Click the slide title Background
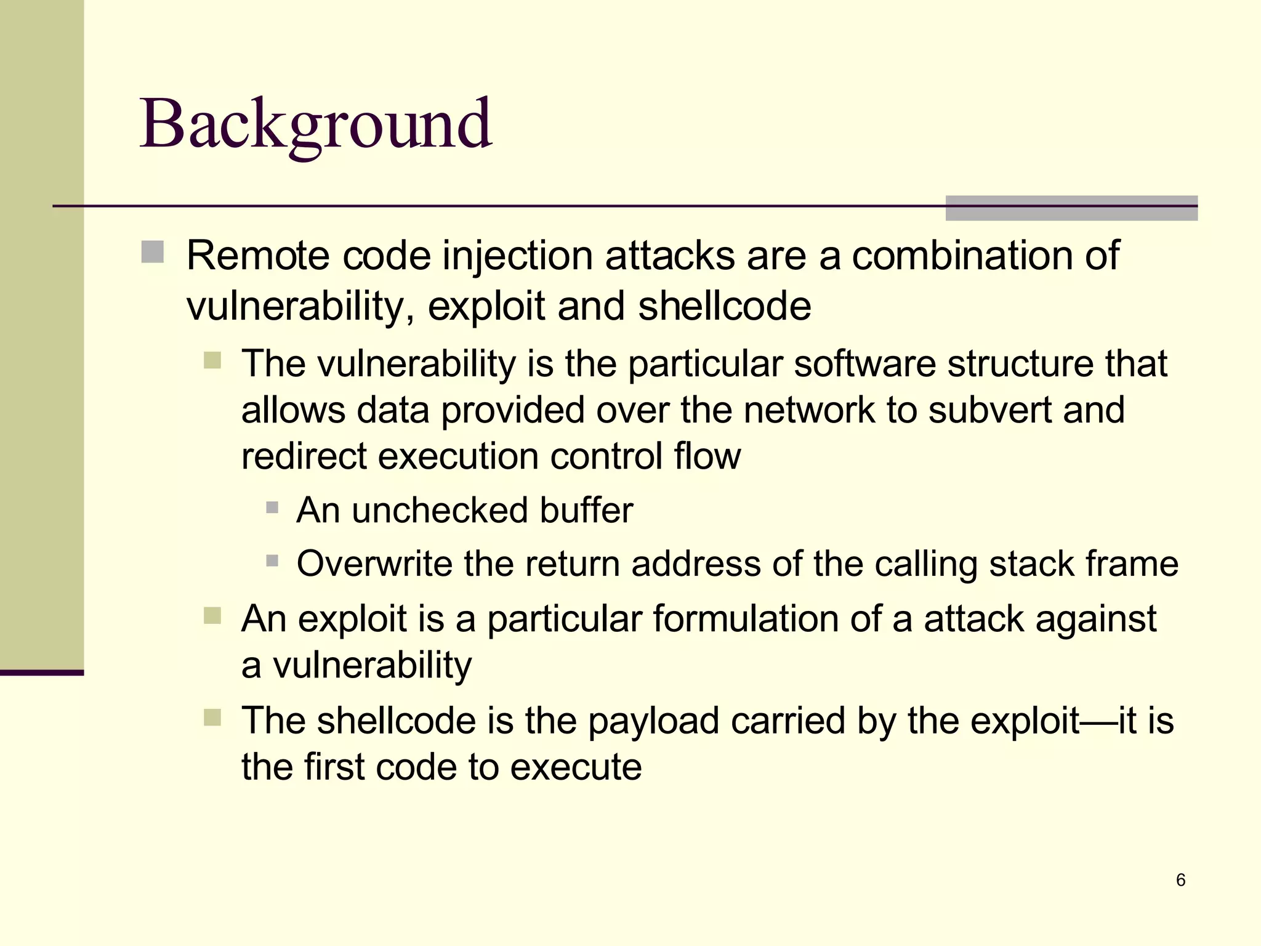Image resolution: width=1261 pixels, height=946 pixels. (x=316, y=125)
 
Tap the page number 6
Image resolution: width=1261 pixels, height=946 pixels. (x=1180, y=880)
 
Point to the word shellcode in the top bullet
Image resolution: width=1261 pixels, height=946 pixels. (x=724, y=307)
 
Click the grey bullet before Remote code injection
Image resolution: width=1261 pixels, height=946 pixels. (x=153, y=252)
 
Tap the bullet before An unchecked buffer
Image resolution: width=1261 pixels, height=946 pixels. (x=272, y=508)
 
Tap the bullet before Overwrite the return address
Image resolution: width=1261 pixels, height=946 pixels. (x=272, y=561)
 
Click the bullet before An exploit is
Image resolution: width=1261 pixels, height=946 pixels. (x=212, y=615)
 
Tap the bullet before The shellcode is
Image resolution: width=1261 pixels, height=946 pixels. (x=212, y=718)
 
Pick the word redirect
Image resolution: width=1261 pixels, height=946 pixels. (x=304, y=456)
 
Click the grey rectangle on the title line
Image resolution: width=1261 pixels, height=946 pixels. (x=1071, y=208)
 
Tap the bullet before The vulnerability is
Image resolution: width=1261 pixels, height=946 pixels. (x=212, y=360)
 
